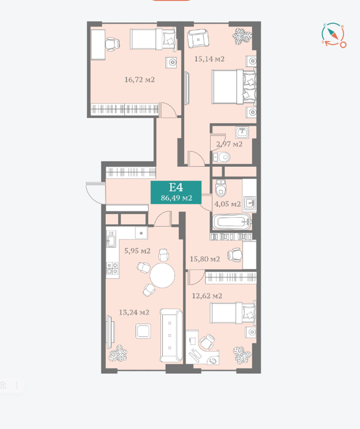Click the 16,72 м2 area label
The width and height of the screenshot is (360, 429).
pos(140,80)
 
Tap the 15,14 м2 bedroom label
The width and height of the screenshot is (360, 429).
pos(209,59)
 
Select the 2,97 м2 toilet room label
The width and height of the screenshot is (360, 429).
pos(229,144)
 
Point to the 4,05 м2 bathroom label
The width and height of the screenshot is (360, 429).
pos(227,204)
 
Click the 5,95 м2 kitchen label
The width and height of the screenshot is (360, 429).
pos(137,251)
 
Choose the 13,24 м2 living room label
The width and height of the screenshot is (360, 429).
pos(134,312)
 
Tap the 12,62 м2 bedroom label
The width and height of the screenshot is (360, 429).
pos(207,296)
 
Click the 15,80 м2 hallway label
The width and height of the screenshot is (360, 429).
pos(204,259)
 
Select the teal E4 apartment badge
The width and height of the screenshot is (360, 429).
pos(176,192)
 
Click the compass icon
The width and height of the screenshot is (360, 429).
pos(334,36)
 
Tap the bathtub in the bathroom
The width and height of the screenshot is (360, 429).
pos(232,222)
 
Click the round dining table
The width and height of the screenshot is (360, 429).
pos(162,275)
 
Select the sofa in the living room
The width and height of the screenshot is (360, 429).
pos(171,335)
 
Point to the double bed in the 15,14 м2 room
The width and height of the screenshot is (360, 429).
pos(234,87)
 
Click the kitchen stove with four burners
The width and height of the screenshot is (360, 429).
pos(112,268)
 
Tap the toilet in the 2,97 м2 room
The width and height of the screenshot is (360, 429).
pos(222,158)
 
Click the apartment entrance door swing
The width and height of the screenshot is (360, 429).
pos(96,193)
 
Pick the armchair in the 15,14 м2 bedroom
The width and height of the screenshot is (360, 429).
pos(198,38)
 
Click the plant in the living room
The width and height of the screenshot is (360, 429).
pos(118,353)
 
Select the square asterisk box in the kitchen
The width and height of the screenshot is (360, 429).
pos(141,233)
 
